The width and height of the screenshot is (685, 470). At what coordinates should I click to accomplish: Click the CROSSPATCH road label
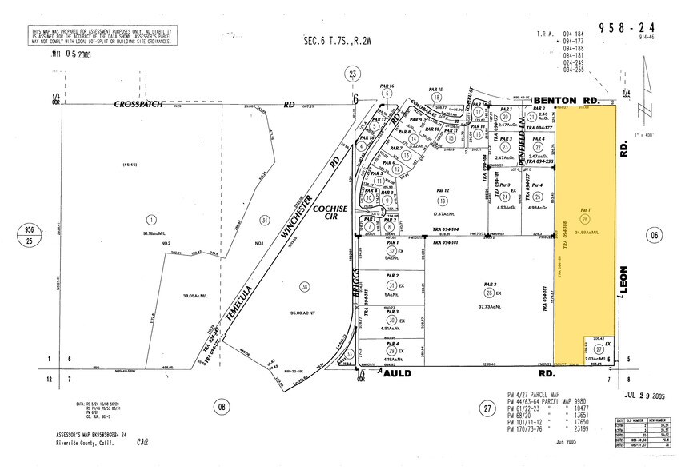pyautogui.click(x=139, y=104)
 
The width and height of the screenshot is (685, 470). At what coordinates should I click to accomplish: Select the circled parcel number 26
pyautogui.click(x=585, y=218)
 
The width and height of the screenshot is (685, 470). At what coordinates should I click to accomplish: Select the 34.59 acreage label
pyautogui.click(x=588, y=232)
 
